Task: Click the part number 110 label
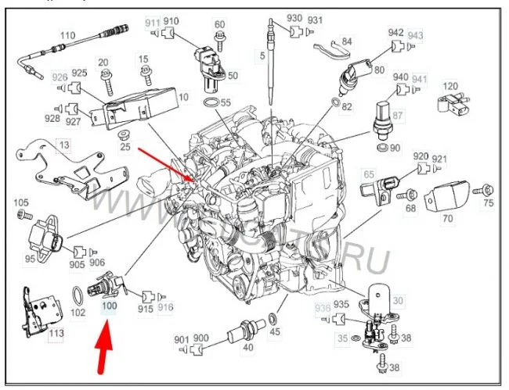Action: coord(67,35)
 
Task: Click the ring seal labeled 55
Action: coord(211,104)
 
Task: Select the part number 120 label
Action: coord(451,86)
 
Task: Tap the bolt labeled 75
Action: coord(486,188)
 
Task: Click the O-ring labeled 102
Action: coord(78,297)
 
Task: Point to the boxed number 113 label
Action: coord(56,334)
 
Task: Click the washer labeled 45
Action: coord(271,319)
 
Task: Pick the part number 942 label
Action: coord(395,34)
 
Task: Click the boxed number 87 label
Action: coord(399,116)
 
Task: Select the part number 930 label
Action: coord(294,18)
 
